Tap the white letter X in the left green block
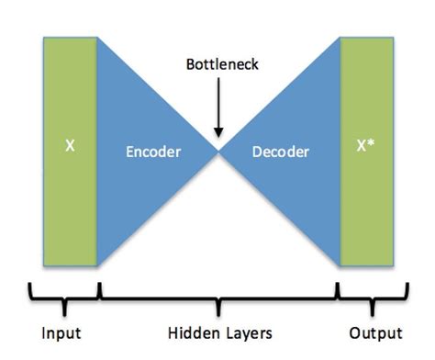pos(70,145)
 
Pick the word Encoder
pos(152,152)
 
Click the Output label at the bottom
pos(375,332)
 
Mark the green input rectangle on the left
pos(70,202)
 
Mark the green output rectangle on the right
pos(366,202)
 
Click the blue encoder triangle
pos(138,184)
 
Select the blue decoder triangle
pos(298,184)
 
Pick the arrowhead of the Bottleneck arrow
pos(218,133)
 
